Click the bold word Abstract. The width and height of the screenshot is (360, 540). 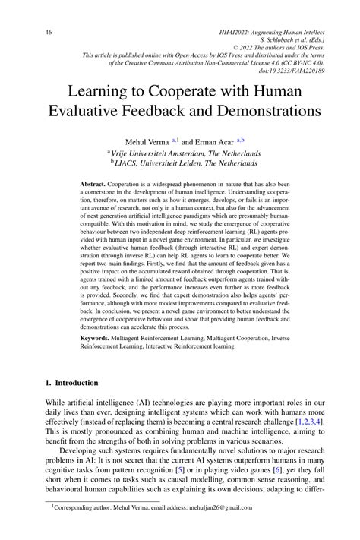[x=95, y=185]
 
